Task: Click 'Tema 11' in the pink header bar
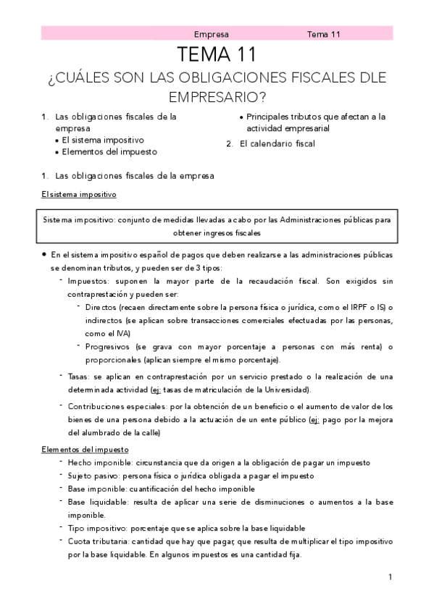(324, 34)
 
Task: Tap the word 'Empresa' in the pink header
(212, 34)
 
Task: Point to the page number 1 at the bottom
(390, 577)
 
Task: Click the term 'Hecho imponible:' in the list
(99, 463)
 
